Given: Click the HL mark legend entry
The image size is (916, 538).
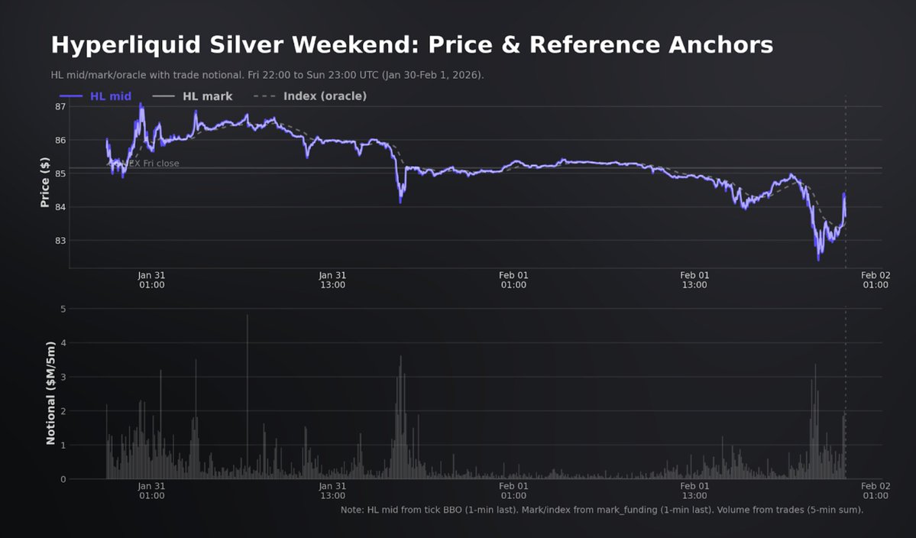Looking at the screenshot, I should point(207,96).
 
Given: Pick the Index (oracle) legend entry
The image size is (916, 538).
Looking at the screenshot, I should point(325,96).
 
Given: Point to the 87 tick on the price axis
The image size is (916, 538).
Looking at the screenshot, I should point(60,107).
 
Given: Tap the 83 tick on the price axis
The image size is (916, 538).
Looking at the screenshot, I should point(60,241).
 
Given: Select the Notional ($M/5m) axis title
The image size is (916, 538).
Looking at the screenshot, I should point(50,394).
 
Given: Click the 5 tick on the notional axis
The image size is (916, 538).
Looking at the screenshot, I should point(63,310).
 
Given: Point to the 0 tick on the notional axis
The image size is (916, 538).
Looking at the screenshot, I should point(63,479).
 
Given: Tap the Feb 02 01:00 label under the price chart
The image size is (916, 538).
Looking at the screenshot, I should point(876,280).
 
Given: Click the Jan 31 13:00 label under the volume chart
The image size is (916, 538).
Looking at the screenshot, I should point(332,491).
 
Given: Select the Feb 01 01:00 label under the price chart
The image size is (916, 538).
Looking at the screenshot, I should point(513,280).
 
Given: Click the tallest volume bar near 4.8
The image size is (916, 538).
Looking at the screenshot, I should point(248,316).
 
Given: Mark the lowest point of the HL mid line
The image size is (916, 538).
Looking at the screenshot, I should point(818,260).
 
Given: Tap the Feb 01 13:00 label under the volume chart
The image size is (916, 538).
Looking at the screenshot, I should point(694,491).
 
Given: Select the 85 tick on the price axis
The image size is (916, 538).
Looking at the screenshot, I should point(60,173).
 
